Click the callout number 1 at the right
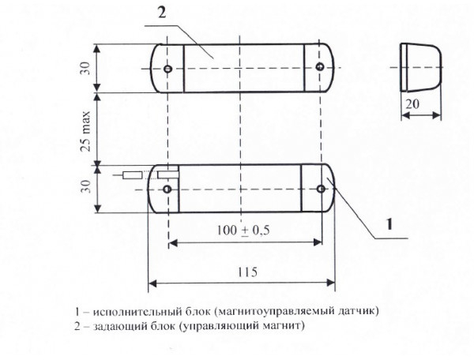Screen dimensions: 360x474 pyautogui.click(x=389, y=224)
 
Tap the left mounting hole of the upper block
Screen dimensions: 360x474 pyautogui.click(x=168, y=69)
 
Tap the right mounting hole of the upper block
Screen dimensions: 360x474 pyautogui.click(x=320, y=68)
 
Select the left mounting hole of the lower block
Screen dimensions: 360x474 pyautogui.click(x=167, y=189)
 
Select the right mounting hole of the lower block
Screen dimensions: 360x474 pyautogui.click(x=321, y=189)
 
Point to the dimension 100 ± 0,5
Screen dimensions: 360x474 pyautogui.click(x=243, y=230)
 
